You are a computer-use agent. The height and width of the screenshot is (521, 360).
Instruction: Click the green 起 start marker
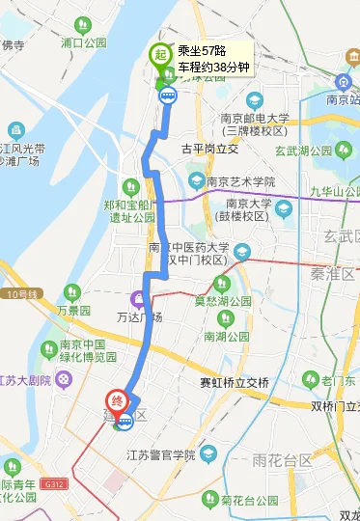[158, 56]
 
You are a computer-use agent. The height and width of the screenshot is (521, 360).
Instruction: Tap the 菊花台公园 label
[253, 501]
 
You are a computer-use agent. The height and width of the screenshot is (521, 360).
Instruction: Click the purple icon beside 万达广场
[138, 299]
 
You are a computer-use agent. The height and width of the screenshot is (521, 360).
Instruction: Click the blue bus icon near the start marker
[168, 94]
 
